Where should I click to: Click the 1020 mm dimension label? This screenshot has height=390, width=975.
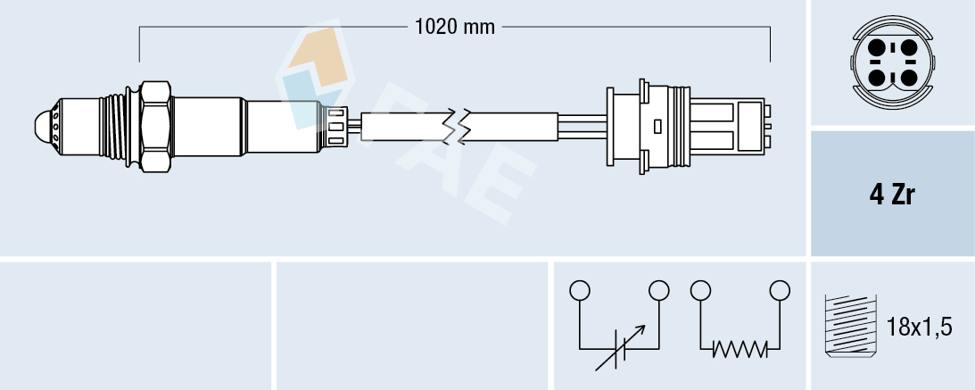coord(455,27)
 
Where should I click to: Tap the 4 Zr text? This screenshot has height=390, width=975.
coord(892,195)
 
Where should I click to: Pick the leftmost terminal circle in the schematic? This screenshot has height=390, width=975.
coord(580,290)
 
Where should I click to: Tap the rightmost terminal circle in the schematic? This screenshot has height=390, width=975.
coord(781,290)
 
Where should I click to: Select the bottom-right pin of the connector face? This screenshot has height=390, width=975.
coord(908,78)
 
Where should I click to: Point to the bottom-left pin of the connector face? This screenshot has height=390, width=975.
coord(878,78)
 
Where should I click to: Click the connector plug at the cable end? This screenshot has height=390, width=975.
coord(687,126)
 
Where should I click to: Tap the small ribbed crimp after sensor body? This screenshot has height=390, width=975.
coord(337,126)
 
